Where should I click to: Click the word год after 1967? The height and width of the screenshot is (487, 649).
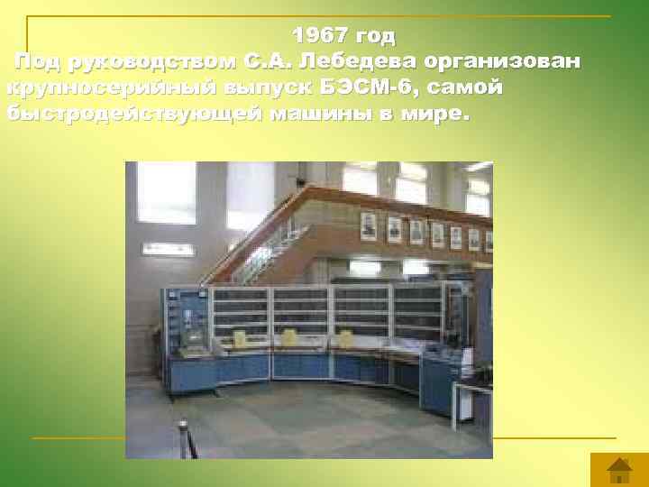376,36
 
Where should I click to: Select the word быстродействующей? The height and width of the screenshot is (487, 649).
135,115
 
